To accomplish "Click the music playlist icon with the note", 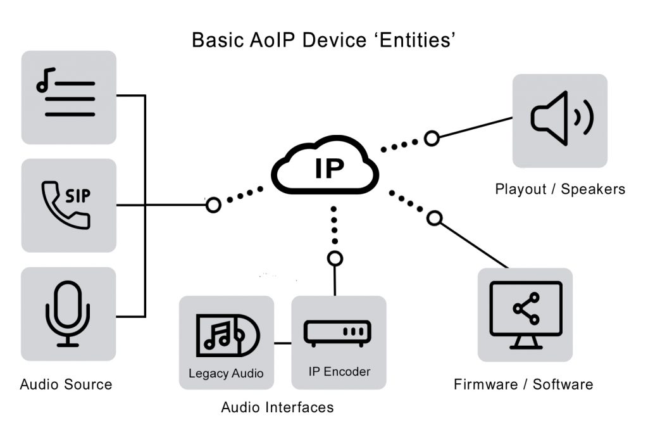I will (x=66, y=96).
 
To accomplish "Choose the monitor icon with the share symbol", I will (x=525, y=315).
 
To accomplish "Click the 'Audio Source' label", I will (x=66, y=384).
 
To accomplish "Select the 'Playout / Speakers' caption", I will (x=560, y=189).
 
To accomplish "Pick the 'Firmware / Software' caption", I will (x=523, y=384).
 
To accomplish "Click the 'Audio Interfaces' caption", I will (x=277, y=407).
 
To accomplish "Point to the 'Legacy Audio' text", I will (x=226, y=373).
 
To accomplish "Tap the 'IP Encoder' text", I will (x=339, y=371).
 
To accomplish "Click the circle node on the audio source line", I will (x=214, y=205).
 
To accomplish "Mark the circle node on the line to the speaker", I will (x=432, y=138).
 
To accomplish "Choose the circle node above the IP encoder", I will (x=335, y=258).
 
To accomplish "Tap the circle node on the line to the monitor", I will (x=434, y=218).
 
